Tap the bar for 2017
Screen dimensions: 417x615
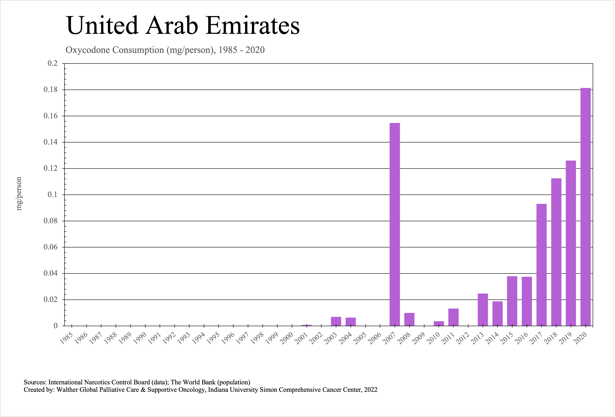click(541, 265)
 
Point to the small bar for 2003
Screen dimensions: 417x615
click(336, 321)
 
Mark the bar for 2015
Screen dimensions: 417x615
click(512, 301)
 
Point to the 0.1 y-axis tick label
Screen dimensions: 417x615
click(52, 195)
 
